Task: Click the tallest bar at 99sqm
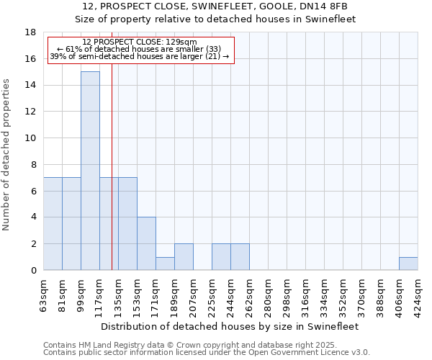pos(90,171)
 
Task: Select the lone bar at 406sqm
pos(408,264)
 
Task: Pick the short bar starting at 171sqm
pos(165,264)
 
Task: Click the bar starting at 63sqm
pos(53,223)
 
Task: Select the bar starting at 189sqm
pos(184,257)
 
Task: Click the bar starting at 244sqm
pos(240,257)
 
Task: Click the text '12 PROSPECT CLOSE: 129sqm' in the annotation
pos(140,42)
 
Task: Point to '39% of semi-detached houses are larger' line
pos(140,56)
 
